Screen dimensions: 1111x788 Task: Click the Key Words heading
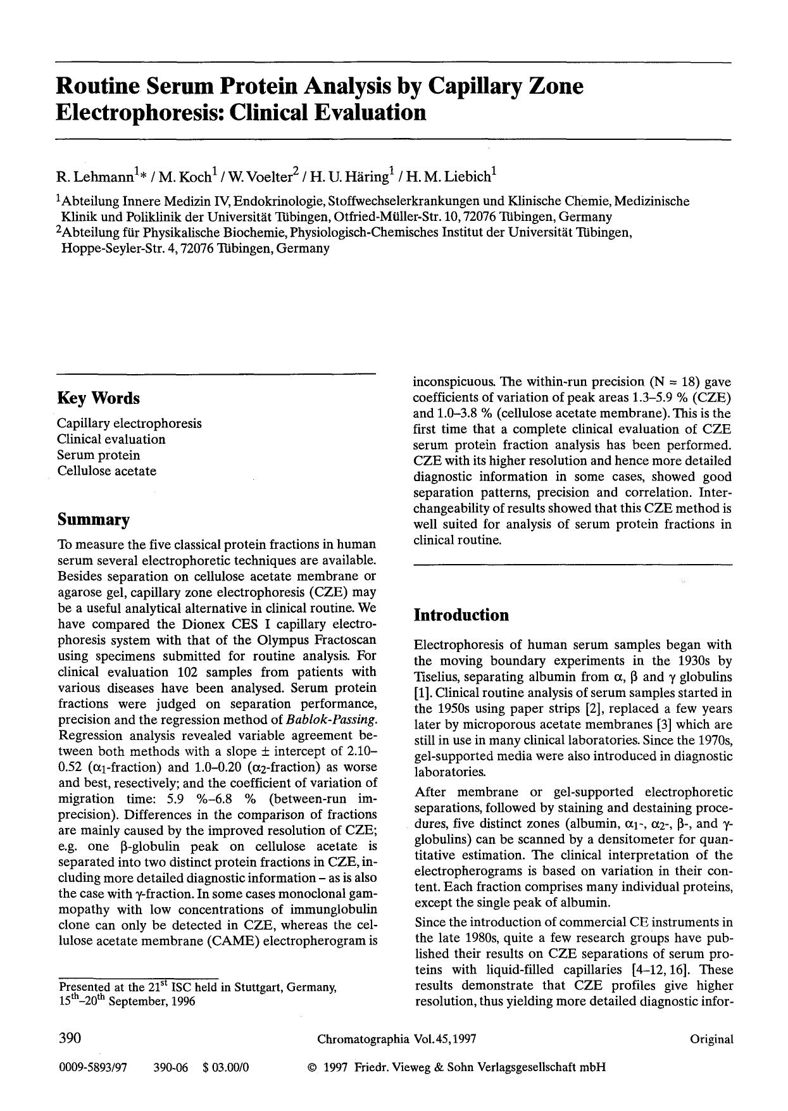[x=98, y=398]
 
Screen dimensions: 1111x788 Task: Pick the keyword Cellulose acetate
[x=106, y=471]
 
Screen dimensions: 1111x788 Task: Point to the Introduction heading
[x=461, y=615]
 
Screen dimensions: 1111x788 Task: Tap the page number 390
[x=70, y=1039]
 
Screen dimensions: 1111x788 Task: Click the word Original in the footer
[x=712, y=1039]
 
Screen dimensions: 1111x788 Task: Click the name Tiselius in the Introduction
[x=434, y=677]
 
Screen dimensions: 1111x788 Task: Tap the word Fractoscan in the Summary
[x=346, y=640]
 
